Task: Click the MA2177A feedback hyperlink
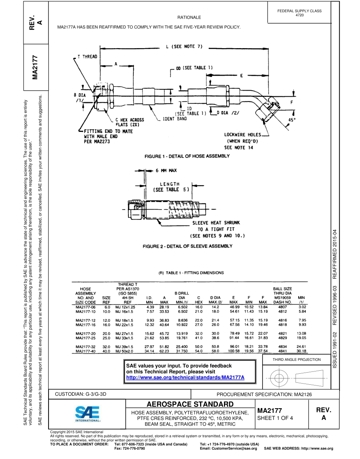(x=185, y=378)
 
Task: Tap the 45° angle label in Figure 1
(x=292, y=119)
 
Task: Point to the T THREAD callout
(x=87, y=57)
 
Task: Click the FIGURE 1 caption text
(x=188, y=156)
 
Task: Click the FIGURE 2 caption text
(x=187, y=246)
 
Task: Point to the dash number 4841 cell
(x=282, y=351)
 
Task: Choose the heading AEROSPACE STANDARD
(x=190, y=404)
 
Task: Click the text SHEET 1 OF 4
(x=275, y=418)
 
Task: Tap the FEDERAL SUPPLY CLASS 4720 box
(x=299, y=13)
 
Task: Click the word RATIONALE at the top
(x=189, y=17)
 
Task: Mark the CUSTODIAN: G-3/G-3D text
(x=81, y=394)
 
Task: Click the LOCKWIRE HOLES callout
(x=243, y=135)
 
